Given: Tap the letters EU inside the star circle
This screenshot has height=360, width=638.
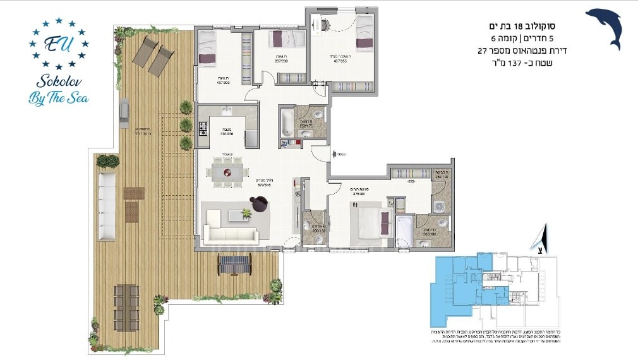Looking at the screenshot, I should pos(57,44).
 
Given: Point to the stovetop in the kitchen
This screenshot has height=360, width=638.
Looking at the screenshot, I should pos(203,129).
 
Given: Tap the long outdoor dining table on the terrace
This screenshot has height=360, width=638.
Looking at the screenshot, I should pos(126,308).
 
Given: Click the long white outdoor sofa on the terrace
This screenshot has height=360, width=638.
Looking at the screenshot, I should pos(107,206).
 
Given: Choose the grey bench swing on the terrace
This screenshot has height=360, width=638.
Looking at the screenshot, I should pos(234,263).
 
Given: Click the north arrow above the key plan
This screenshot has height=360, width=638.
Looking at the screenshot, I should pos(540,239).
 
